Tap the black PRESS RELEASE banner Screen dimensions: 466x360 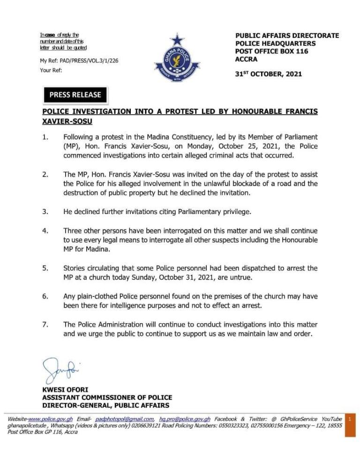click(75, 95)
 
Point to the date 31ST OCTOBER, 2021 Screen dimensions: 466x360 click(269, 74)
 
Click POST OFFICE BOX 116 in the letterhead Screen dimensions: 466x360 click(271, 52)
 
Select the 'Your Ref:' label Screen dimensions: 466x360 click(51, 71)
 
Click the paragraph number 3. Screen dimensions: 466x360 click(45, 212)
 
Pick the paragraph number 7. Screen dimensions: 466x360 click(45, 325)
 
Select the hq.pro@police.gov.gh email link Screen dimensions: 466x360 click(185, 419)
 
